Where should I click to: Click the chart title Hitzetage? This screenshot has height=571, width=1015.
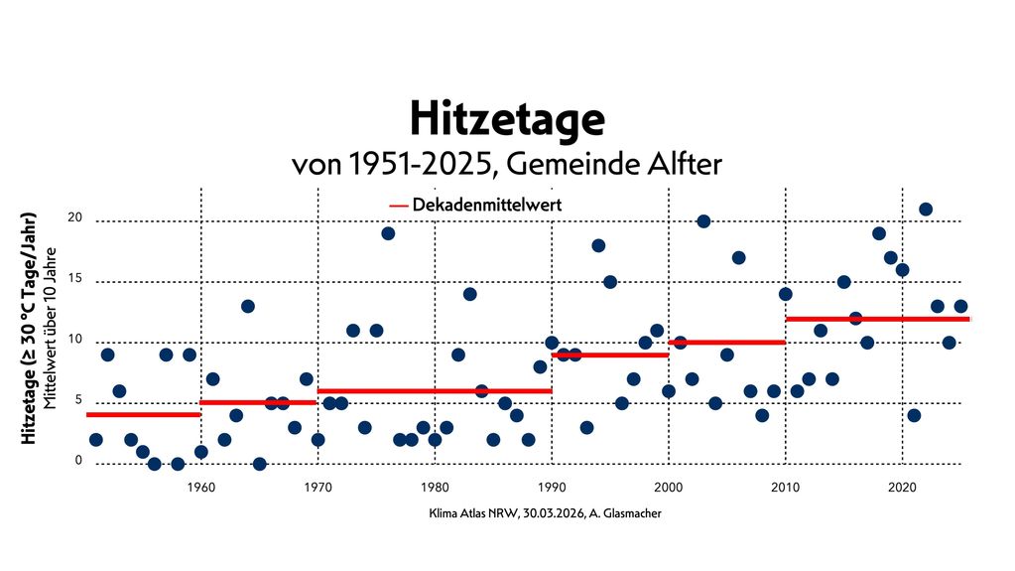(x=507, y=120)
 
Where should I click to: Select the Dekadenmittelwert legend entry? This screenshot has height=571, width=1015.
(x=477, y=205)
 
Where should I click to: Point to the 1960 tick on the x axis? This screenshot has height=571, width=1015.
(x=201, y=487)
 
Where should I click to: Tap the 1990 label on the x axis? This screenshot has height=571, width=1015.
(x=552, y=487)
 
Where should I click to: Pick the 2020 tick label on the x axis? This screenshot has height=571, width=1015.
(x=902, y=487)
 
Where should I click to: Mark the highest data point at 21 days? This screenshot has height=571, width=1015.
(x=926, y=210)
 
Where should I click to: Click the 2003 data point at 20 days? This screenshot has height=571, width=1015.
(x=703, y=221)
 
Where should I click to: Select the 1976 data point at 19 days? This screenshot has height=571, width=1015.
(x=388, y=233)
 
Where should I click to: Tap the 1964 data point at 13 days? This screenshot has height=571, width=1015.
(x=248, y=306)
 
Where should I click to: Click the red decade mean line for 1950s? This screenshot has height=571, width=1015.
(x=144, y=414)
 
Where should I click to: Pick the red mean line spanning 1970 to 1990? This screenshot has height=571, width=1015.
(x=435, y=390)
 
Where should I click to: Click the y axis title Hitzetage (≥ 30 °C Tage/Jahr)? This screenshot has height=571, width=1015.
(x=31, y=328)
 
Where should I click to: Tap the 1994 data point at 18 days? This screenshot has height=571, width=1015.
(x=598, y=245)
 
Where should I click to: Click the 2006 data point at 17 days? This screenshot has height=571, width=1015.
(x=739, y=257)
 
